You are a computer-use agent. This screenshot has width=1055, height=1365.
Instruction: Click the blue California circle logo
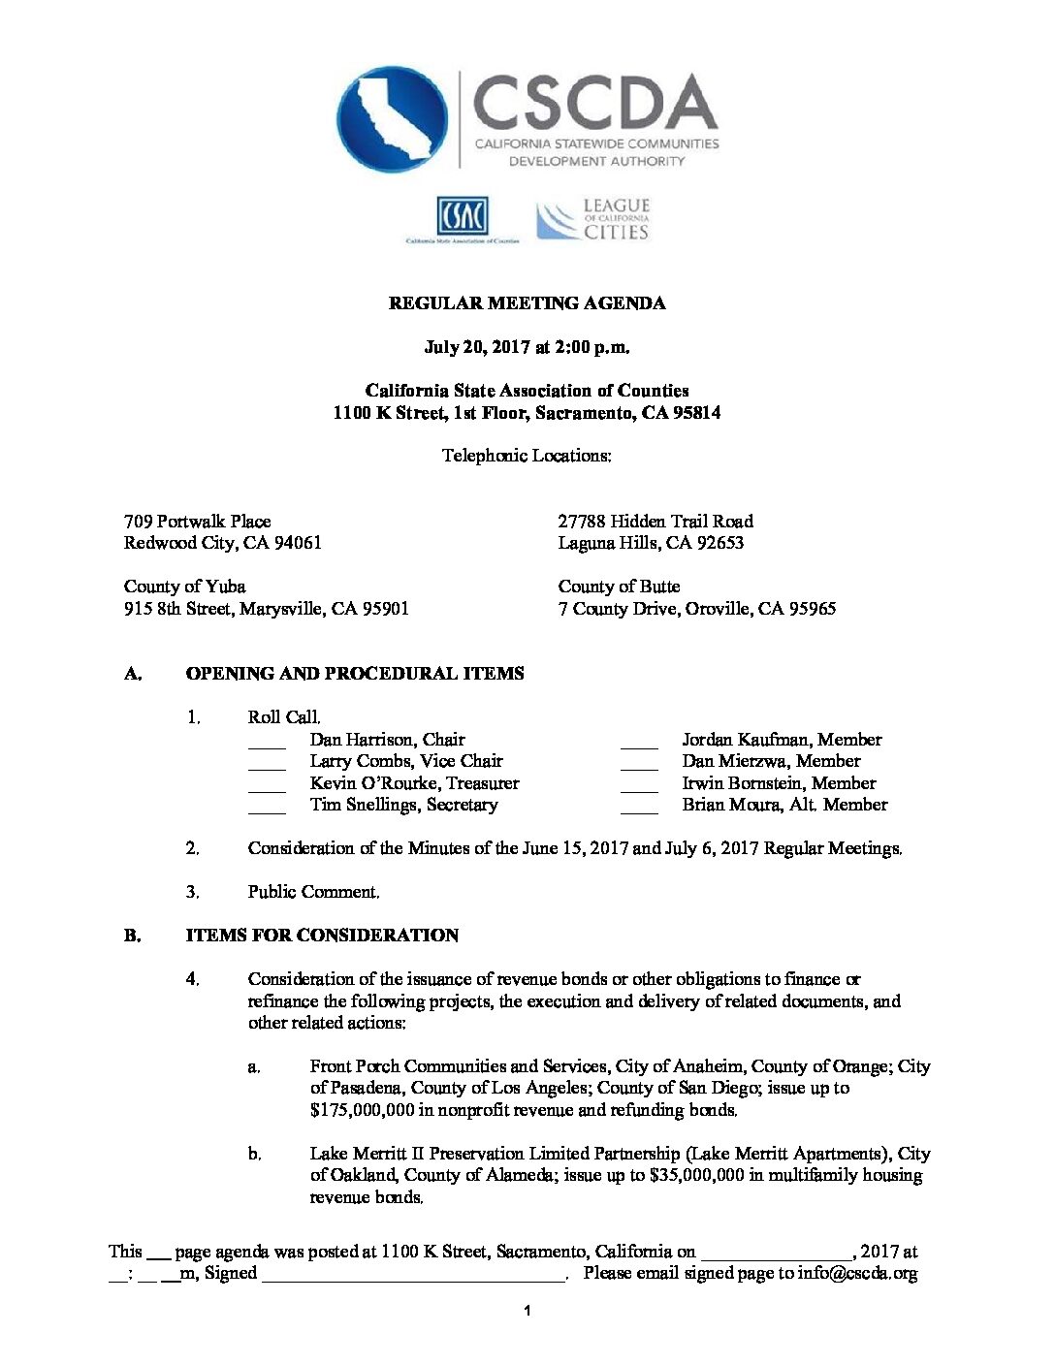coord(392,119)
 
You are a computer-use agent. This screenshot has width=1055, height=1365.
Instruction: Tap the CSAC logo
coord(463,217)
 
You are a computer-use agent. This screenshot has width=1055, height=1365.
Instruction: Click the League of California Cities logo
coord(593,220)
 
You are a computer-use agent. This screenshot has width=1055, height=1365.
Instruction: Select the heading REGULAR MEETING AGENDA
coord(527,303)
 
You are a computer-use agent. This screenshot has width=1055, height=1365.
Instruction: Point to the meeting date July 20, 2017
coord(477,347)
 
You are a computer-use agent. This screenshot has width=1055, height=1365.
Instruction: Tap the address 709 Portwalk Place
coord(198,522)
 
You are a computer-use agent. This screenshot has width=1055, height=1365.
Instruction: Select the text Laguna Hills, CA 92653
coord(651,543)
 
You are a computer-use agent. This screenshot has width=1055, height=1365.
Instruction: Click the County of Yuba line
coord(184,587)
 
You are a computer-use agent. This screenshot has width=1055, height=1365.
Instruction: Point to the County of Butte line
coord(619,587)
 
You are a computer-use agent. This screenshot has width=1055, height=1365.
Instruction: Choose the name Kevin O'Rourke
coord(374,783)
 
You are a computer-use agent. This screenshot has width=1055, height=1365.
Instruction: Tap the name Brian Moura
coord(728,805)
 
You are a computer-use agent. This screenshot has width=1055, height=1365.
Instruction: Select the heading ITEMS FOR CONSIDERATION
coord(322,936)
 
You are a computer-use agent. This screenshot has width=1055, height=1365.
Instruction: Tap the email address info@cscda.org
coord(857,1274)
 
